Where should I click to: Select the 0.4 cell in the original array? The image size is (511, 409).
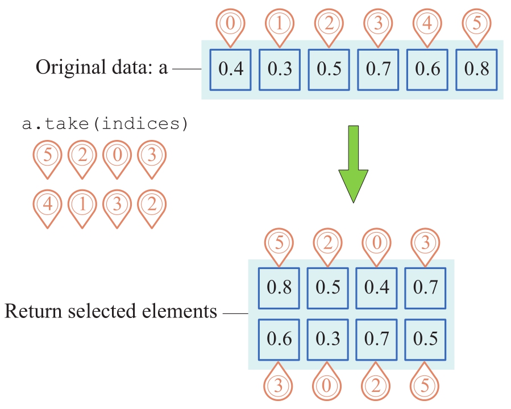[231, 69]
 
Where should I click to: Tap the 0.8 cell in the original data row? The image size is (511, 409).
[477, 69]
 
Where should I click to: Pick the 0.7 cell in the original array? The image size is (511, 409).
[379, 69]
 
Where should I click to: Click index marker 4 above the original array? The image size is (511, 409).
[427, 24]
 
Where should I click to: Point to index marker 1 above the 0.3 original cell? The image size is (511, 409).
[280, 24]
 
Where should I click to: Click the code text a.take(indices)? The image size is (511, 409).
[105, 124]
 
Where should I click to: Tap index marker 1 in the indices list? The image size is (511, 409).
[82, 204]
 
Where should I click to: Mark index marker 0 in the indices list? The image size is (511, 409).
[117, 156]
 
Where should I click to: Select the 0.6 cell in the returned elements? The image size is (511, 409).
[279, 339]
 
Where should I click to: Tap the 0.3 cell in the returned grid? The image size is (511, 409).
[328, 339]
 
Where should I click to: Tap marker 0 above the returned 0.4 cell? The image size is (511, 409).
[376, 243]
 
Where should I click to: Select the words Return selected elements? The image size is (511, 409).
[111, 312]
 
